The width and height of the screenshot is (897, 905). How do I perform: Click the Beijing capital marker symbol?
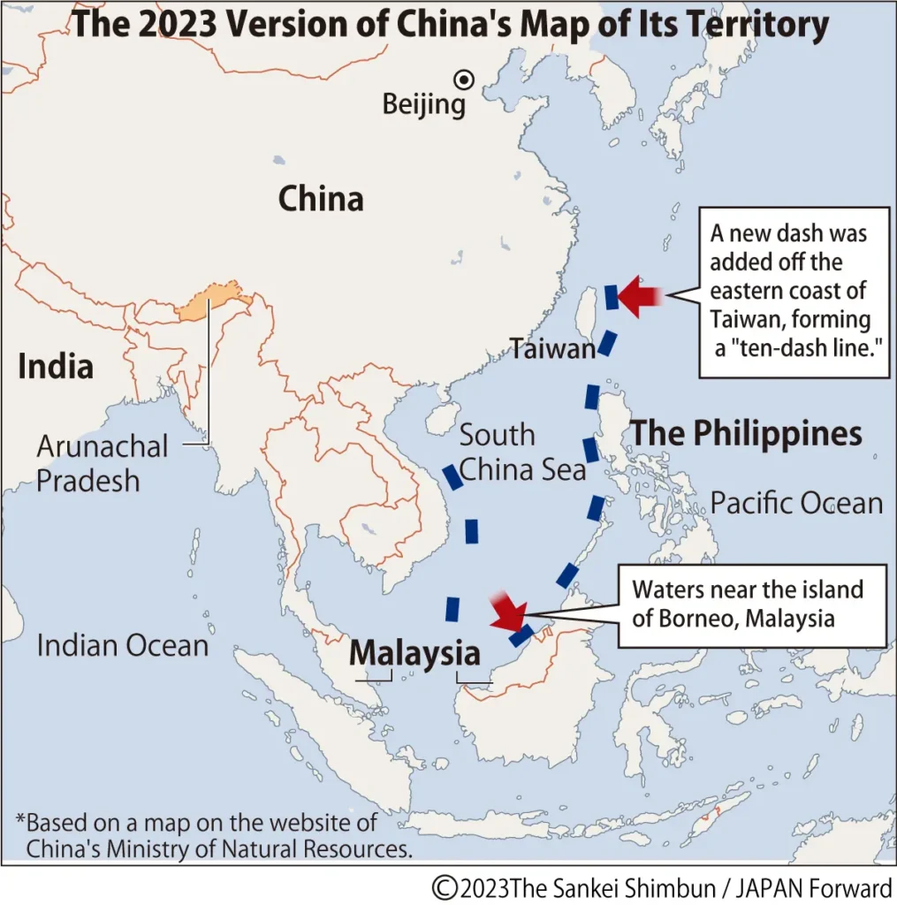(x=464, y=80)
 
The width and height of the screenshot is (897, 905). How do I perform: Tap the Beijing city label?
(x=423, y=105)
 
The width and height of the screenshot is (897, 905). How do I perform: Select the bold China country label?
(x=321, y=199)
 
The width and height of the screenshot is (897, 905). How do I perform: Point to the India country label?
(x=56, y=366)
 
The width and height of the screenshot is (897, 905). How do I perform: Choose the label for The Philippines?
(x=745, y=433)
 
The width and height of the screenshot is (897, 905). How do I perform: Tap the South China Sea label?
(x=522, y=452)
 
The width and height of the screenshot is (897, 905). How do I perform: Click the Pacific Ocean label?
(x=796, y=504)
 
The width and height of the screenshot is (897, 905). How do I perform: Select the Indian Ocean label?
(x=122, y=645)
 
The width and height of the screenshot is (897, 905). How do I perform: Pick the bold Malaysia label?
(x=414, y=653)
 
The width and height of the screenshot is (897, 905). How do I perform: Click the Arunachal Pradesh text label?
(x=102, y=463)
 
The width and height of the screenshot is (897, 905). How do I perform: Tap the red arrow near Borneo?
(x=508, y=612)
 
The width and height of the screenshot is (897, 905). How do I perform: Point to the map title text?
(x=449, y=24)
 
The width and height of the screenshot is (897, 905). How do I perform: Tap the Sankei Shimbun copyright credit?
(x=662, y=887)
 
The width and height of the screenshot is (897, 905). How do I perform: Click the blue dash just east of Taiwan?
(x=611, y=297)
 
